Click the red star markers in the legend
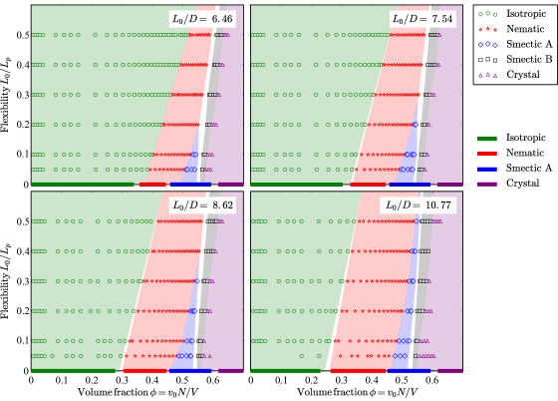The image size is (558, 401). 487,29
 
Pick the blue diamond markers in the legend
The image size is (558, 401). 487,44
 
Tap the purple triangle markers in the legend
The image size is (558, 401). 487,74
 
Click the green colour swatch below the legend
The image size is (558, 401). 487,140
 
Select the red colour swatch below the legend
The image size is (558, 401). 487,155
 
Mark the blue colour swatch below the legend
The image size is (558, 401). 487,170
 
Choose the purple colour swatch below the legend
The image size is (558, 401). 487,185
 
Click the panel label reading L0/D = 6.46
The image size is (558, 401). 203,18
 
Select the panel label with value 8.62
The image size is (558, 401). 203,204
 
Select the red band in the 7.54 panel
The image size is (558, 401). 389,110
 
